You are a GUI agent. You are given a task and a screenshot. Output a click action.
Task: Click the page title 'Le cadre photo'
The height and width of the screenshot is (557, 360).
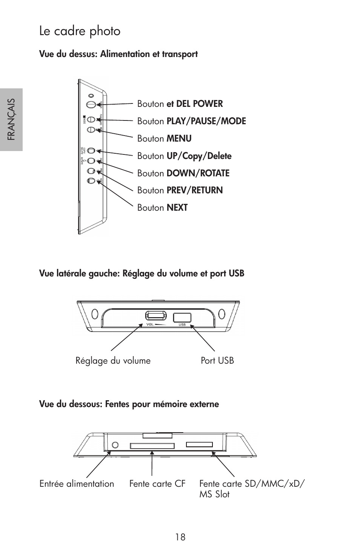[80, 31]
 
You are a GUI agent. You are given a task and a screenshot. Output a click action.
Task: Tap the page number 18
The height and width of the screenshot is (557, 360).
[180, 537]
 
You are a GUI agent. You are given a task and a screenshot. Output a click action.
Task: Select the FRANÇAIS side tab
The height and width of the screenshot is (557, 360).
[11, 119]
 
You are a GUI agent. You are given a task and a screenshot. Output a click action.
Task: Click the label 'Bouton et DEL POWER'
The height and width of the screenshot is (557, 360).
[180, 104]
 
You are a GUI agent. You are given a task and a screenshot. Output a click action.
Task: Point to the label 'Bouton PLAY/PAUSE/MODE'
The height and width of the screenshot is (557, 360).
[191, 121]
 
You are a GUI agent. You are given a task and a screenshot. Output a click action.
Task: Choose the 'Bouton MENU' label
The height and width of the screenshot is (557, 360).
[164, 139]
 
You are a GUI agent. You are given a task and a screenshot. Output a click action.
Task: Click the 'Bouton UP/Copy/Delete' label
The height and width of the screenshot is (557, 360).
[184, 156]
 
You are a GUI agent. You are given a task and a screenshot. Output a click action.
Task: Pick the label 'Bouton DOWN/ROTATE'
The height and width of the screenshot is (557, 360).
[183, 173]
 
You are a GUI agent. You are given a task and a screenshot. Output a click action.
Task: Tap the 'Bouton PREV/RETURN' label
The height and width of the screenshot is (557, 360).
[180, 190]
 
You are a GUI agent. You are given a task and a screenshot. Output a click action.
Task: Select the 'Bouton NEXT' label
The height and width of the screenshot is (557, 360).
[162, 208]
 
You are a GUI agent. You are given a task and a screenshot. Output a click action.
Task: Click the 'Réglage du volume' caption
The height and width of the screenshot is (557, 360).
[113, 361]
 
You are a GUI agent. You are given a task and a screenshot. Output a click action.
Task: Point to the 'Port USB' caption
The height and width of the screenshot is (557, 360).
[217, 361]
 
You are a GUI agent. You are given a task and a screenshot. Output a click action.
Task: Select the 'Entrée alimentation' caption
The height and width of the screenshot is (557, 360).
[77, 484]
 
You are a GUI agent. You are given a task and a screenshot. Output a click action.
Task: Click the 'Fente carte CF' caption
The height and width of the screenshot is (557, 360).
[157, 484]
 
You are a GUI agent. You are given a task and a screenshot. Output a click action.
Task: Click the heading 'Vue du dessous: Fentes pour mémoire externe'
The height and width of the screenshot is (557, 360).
[129, 404]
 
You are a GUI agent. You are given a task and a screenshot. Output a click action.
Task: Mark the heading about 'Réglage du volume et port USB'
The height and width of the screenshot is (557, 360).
[142, 273]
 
